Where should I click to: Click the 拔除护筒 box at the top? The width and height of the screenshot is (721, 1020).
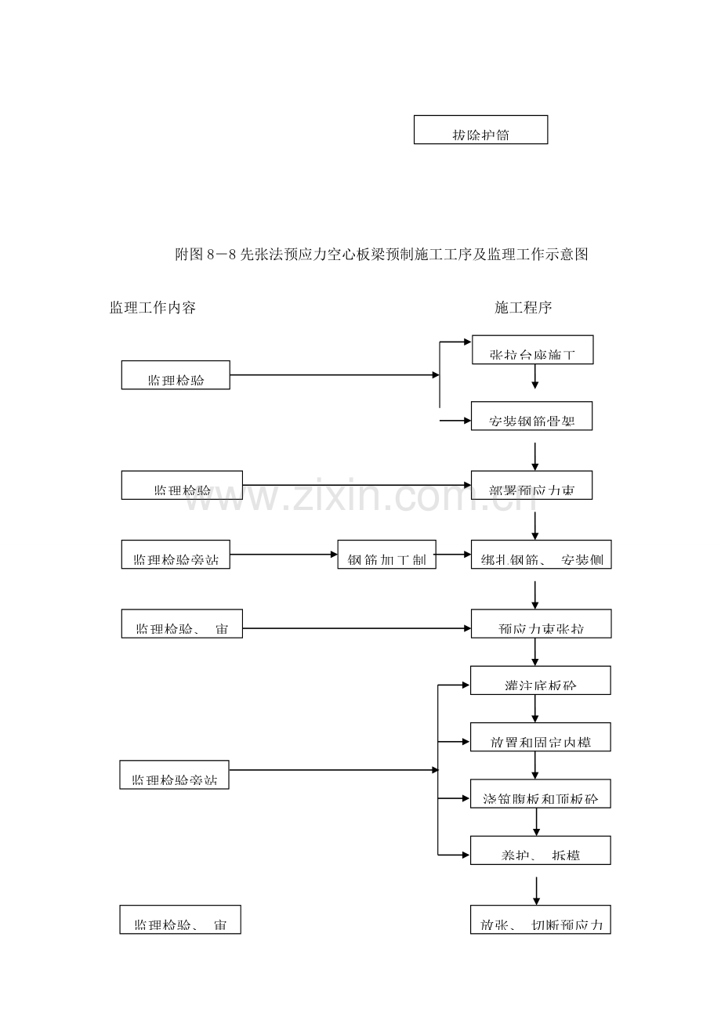coord(480,130)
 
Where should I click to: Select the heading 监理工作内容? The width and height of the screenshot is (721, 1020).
coord(153,308)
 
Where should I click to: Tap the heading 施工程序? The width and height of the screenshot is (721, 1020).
coord(524,308)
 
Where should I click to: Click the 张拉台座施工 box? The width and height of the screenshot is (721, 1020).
coord(533,350)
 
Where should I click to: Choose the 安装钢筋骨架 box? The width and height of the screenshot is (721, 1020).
coord(531,416)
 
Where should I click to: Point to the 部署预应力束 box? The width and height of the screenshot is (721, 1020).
coord(531,486)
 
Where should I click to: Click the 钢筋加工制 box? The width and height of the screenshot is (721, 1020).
coord(386,555)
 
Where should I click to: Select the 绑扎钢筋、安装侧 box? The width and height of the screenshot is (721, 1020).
coord(541,555)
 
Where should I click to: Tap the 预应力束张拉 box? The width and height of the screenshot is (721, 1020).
coord(541,624)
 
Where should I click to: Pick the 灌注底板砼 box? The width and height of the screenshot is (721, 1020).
coord(541,680)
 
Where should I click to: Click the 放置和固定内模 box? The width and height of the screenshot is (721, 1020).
coord(541,737)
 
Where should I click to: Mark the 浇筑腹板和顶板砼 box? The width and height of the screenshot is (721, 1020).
coord(541,794)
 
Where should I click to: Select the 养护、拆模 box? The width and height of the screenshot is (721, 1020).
coord(541,850)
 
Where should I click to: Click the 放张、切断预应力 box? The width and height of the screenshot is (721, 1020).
coord(541,920)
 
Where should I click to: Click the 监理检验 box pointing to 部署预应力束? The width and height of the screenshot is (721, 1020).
coord(182,486)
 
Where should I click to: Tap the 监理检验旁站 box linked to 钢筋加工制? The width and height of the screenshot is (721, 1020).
coord(176,555)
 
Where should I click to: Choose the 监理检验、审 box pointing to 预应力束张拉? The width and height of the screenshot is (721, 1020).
coord(182,624)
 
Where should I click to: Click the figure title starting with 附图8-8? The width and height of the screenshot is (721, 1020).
coord(381,255)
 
